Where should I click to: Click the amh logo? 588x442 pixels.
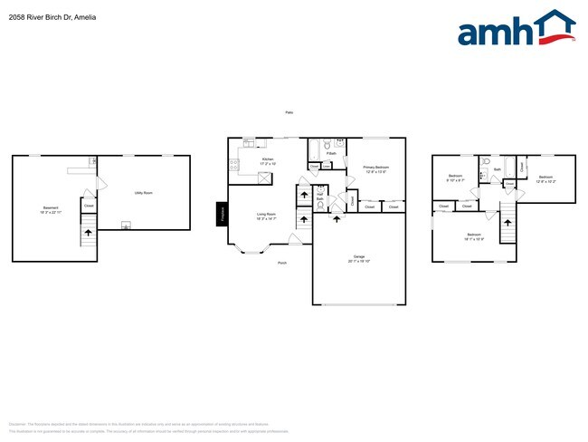(x=516, y=29)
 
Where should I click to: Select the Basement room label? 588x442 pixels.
(x=51, y=210)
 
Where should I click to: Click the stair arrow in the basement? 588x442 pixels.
(x=88, y=234)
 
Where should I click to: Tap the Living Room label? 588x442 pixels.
(x=266, y=216)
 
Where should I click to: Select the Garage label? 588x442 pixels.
(x=358, y=258)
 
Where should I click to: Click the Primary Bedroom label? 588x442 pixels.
(x=376, y=168)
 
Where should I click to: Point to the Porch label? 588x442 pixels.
(x=282, y=263)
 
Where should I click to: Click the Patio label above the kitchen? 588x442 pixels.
(x=289, y=112)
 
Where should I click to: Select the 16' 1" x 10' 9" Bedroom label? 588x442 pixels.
(x=474, y=237)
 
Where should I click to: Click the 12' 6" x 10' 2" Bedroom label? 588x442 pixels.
(x=545, y=179)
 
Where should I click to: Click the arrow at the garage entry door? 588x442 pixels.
(x=336, y=216)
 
